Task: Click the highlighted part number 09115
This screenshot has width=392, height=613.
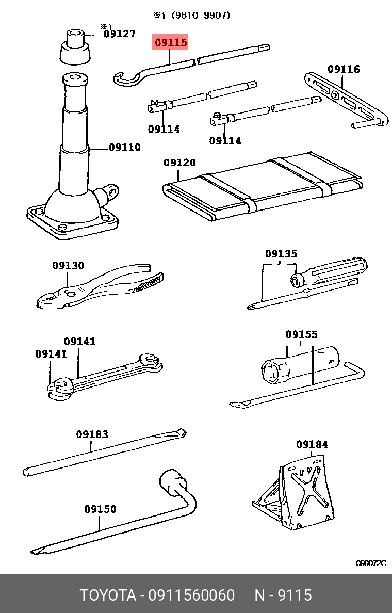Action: (171, 43)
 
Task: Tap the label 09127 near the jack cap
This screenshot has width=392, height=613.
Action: (120, 34)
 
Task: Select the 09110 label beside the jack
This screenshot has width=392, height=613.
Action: (124, 148)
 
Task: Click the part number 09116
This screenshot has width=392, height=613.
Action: (344, 69)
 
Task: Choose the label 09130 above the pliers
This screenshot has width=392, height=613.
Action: (68, 266)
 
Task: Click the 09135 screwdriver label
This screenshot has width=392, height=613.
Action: (281, 254)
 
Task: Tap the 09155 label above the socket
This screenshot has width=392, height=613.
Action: (302, 335)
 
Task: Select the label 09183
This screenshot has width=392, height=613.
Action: (92, 434)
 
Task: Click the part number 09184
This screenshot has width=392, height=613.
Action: (312, 444)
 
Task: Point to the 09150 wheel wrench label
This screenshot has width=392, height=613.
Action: (100, 509)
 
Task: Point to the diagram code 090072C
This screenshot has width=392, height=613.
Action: (371, 563)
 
